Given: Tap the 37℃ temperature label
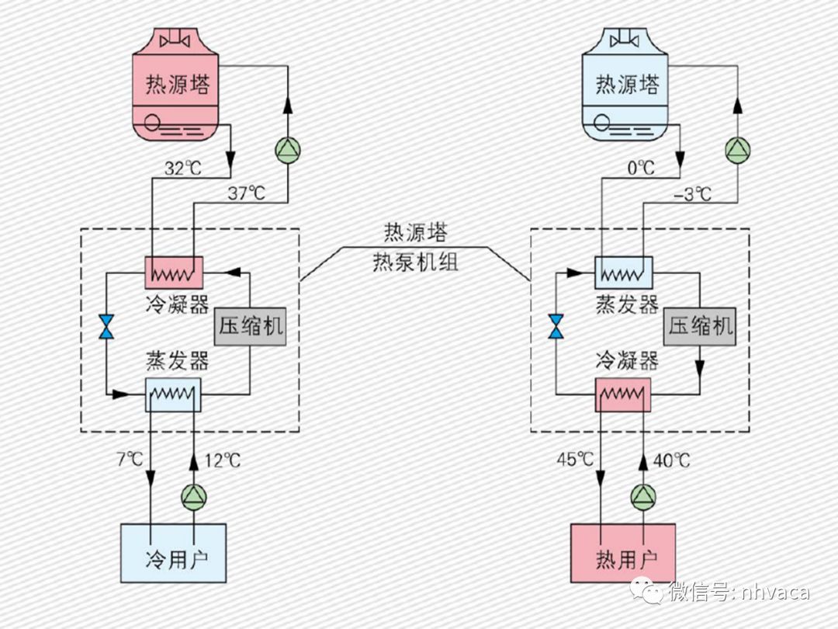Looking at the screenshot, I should pos(248,194).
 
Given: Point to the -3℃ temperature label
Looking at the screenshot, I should pos(693,194).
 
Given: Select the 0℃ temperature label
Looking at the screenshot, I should pos(640,168).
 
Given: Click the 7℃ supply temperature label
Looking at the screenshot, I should pos(129,460).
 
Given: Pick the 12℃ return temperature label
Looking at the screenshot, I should pos(223,460).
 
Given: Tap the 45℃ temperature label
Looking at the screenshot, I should pos(575,460).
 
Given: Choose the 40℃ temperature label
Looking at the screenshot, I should pos(672,460).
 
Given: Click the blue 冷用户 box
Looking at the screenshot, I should pos(173,553).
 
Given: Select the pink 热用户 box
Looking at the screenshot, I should pos(623,553).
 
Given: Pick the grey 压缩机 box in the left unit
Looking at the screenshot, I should pos(250,327).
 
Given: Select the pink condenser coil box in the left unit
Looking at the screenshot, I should pos(174,273).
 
